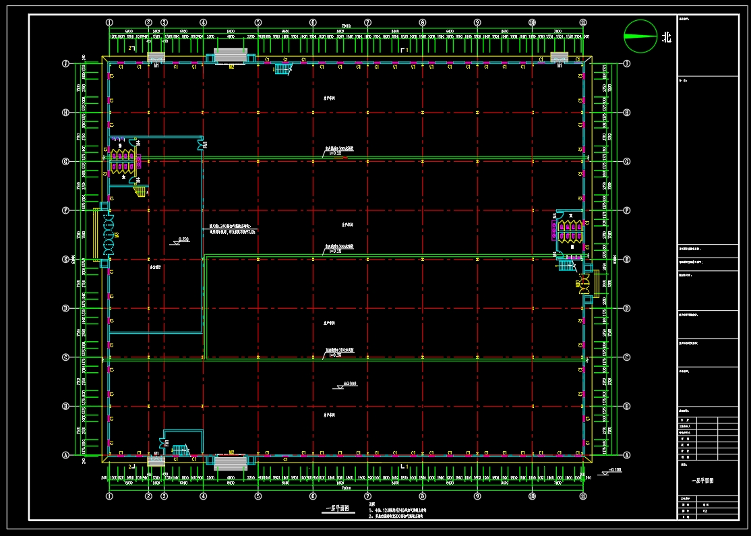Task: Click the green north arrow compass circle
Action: pos(640,36)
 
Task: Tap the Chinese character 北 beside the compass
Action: pos(667,38)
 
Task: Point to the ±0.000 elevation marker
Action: pos(349,384)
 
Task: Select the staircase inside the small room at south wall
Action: pos(179,449)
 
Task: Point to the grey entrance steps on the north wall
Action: pos(231,55)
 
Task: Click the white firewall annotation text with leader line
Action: pos(232,229)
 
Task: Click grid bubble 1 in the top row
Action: pos(109,23)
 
